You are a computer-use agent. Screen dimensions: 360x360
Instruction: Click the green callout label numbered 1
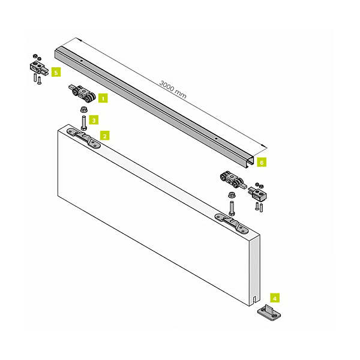coord(103,97)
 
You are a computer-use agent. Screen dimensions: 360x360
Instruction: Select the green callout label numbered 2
coord(104,136)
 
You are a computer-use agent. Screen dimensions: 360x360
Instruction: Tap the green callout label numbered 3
coord(94,120)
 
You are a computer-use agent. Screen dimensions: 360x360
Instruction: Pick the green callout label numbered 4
coord(274,297)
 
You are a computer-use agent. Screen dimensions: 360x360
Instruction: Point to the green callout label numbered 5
coord(56,72)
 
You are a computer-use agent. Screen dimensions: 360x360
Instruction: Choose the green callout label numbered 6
coord(261,162)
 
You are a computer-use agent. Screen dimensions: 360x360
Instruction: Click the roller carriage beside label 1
coord(83,95)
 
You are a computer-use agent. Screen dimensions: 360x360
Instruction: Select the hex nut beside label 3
coord(83,110)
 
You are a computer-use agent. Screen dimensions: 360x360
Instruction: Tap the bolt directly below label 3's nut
coord(83,124)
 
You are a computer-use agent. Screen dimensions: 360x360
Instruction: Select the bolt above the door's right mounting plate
coord(231,208)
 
